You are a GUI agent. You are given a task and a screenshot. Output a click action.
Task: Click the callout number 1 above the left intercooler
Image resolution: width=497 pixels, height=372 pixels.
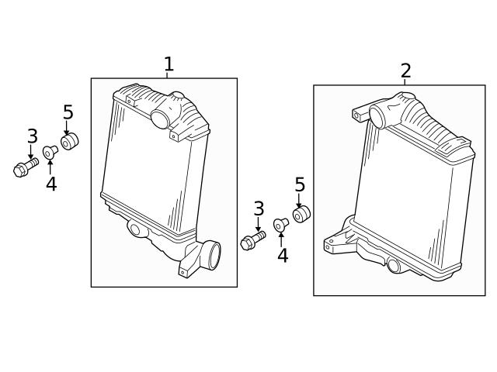pos(169,64)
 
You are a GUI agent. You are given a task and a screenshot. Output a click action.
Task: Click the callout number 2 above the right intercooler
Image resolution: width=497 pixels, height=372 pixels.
pos(405,71)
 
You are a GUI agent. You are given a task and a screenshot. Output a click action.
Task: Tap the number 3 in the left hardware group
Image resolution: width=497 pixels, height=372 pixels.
pos(33,136)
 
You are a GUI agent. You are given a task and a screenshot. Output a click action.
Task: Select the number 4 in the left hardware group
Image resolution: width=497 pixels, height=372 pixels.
pos(51,184)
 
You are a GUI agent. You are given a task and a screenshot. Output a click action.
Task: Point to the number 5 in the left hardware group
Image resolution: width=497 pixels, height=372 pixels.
pos(68,112)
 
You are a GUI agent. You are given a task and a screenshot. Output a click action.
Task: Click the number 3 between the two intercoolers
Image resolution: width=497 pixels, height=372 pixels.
pos(259,208)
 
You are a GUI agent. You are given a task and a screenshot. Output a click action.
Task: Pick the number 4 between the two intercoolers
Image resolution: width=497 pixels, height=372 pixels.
pos(283,256)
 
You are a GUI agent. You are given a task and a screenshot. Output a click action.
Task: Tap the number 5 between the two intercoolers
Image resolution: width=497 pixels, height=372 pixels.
pos(300,184)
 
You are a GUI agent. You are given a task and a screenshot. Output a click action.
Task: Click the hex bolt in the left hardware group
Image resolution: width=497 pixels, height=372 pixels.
pos(26,167)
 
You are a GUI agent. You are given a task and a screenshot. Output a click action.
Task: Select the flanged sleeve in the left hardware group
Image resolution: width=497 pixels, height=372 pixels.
pos(50,152)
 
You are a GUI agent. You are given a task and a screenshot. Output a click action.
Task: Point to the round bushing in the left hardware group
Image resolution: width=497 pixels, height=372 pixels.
pos(69,141)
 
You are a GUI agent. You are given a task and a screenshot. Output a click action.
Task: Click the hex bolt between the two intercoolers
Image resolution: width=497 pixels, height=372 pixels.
pos(252,240)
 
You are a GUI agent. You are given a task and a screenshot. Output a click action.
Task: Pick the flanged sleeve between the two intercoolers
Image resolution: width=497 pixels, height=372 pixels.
pos(281,225)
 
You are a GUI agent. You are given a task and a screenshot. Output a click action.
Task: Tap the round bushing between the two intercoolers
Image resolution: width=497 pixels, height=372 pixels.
pos(301,214)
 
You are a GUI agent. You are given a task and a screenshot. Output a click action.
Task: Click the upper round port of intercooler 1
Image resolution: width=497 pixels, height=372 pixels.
pos(160,119)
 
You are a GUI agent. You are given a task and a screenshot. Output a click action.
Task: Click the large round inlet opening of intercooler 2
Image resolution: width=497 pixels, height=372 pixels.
pos(377,116)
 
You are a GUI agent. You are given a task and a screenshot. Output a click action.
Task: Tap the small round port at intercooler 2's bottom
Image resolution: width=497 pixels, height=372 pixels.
pos(394,265)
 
